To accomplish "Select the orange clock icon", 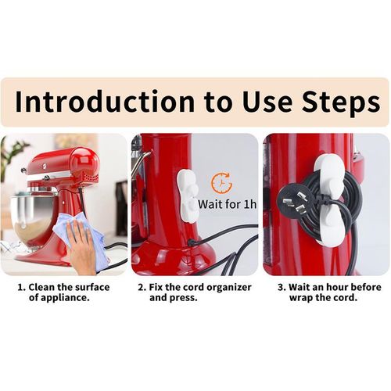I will click(221, 183).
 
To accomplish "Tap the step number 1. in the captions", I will click(23, 287).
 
